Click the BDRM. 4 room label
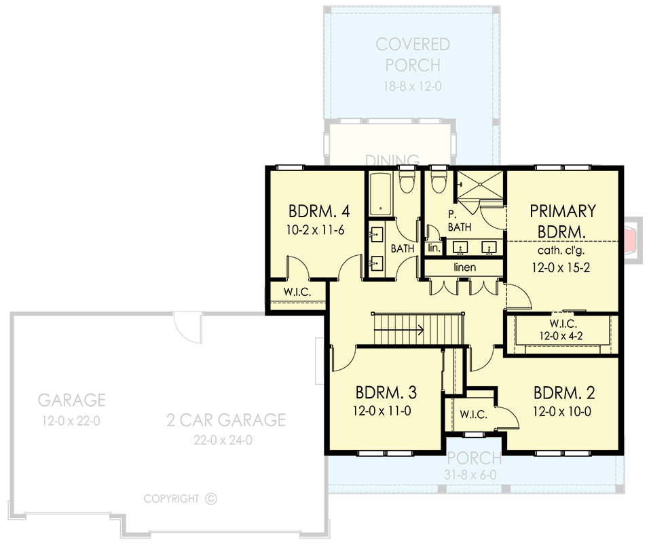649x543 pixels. pos(315,209)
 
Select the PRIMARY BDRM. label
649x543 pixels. pos(562,221)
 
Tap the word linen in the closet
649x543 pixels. pos(465,267)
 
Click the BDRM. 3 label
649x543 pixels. pos(386,393)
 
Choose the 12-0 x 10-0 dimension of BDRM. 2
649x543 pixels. pos(563,411)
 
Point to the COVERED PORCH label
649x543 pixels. pos(413,55)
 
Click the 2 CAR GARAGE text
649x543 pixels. pos(226,420)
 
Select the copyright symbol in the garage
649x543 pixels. pos(210,499)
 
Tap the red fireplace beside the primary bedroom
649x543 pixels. pos(632,238)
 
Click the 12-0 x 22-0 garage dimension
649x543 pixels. pos(71,421)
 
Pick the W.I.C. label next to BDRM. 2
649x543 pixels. pos(473,415)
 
